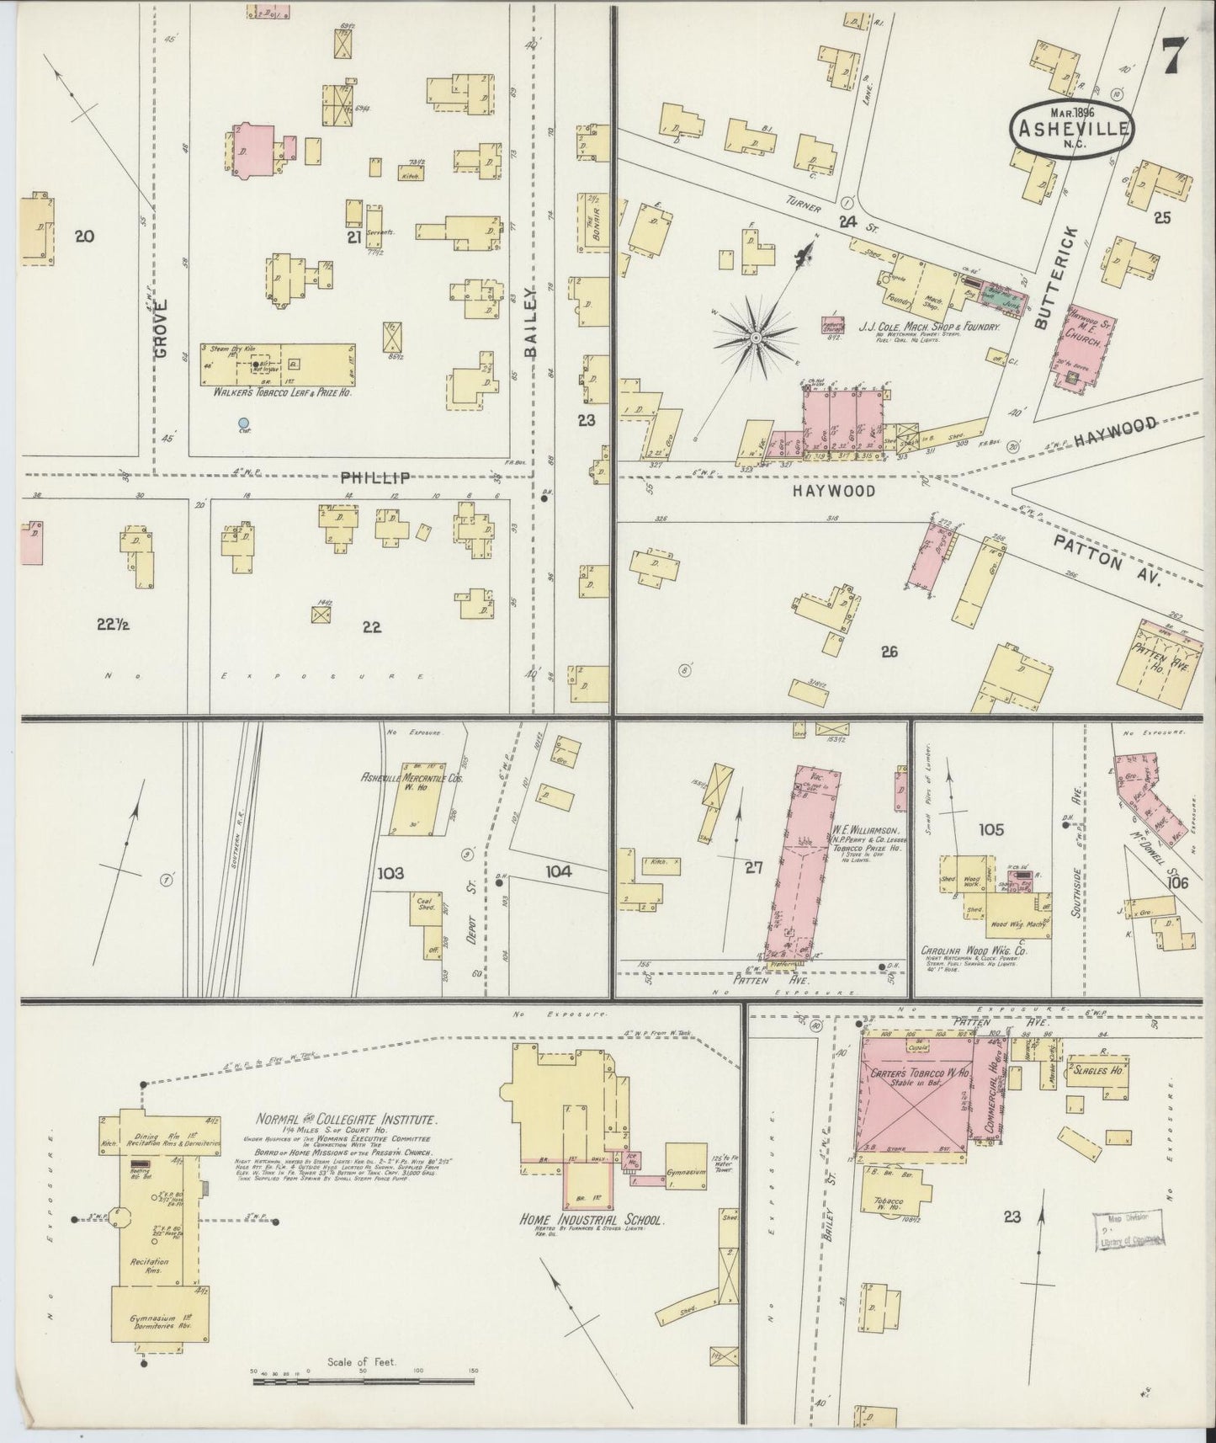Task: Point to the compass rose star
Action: click(x=755, y=338)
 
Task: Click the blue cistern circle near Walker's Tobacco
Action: click(x=243, y=423)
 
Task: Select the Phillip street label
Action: click(x=375, y=477)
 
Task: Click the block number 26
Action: click(x=889, y=651)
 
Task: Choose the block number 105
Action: click(x=991, y=829)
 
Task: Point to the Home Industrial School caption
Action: click(x=592, y=1220)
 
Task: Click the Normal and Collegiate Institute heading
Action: click(x=347, y=1120)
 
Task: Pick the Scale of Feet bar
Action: click(x=364, y=1379)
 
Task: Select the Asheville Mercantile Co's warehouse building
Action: click(x=418, y=799)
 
